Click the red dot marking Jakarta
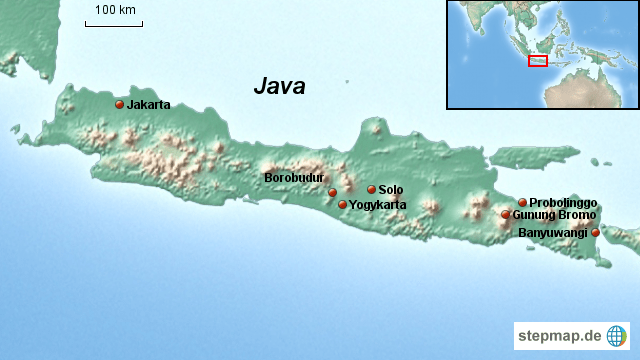tap(120, 104)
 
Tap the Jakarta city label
tap(149, 104)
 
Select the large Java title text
tap(279, 86)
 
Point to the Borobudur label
tap(294, 178)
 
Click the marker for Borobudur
tap(332, 192)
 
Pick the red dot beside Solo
tap(371, 189)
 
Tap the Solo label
tap(391, 190)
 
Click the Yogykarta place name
tap(378, 205)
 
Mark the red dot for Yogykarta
tap(342, 205)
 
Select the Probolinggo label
tap(563, 202)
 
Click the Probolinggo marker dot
tap(522, 202)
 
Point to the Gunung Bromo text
tap(554, 215)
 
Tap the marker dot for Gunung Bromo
tap(506, 215)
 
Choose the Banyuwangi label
tap(552, 233)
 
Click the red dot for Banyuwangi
tap(596, 233)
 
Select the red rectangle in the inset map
tap(538, 62)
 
